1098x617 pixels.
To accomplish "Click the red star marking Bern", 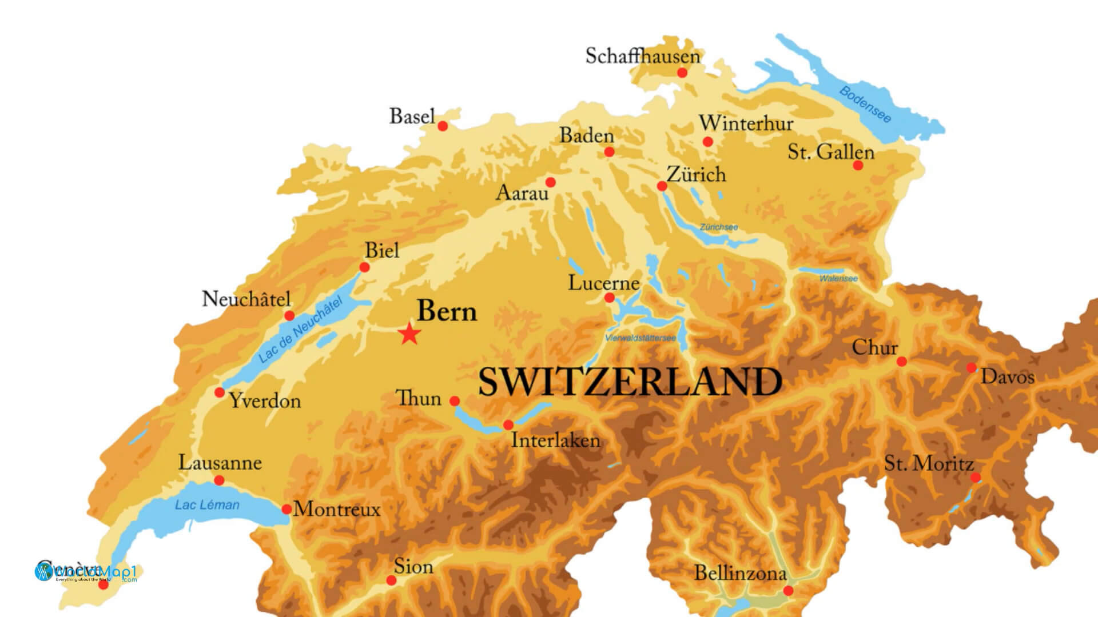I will click(409, 334).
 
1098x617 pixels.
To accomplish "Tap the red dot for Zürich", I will click(662, 186).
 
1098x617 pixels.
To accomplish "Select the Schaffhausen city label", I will click(642, 56).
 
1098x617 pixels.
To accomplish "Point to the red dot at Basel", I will click(442, 126).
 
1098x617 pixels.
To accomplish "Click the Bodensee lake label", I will click(865, 105).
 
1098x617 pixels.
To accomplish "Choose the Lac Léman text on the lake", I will click(207, 505).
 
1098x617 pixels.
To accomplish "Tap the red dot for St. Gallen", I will click(858, 165).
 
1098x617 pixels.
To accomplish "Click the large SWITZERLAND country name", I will click(630, 382).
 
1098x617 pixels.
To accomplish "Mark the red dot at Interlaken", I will click(508, 425).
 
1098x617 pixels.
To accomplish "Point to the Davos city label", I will click(1008, 377).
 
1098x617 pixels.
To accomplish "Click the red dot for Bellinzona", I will click(788, 591).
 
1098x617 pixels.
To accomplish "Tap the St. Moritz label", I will click(929, 463).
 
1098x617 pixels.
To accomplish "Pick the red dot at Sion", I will click(391, 580).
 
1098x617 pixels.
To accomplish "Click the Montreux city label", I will click(337, 509).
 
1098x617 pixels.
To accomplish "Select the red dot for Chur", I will click(901, 362).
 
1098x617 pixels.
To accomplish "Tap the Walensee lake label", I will click(838, 279).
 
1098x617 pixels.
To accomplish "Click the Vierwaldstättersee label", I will click(640, 338).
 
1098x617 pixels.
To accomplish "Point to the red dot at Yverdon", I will click(219, 392).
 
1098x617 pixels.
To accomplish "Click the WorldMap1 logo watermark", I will click(86, 572).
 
